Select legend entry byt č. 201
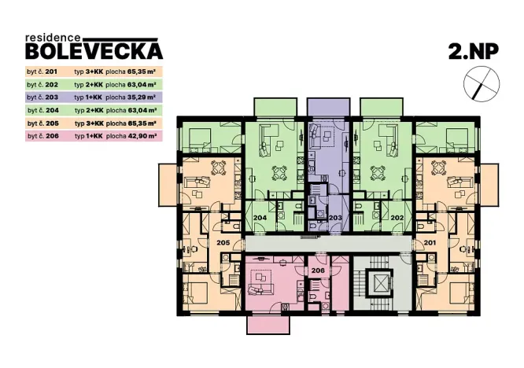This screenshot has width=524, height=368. click(x=42, y=70)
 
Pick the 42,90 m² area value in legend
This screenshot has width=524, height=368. click(x=141, y=136)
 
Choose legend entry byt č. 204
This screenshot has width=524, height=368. click(x=42, y=110)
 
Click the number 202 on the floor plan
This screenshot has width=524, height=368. click(x=397, y=217)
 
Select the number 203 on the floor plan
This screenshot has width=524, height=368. click(x=334, y=217)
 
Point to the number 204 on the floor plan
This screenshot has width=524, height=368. click(x=260, y=217)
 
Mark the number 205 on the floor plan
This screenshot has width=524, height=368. click(x=223, y=243)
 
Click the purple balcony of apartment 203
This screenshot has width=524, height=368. click(x=327, y=107)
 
